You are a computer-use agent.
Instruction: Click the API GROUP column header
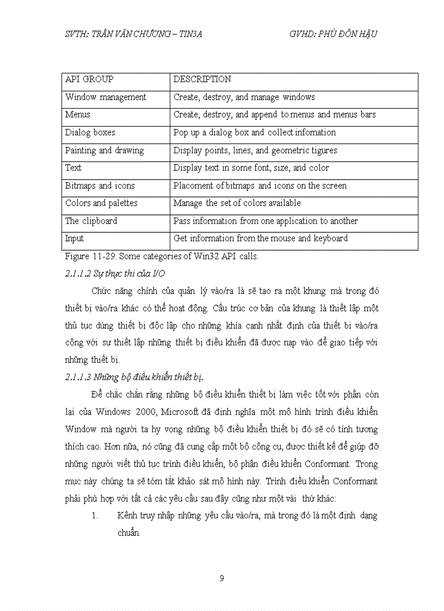pos(89,79)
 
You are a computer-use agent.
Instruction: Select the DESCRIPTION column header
pos(202,79)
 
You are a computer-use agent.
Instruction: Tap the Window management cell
pos(106,97)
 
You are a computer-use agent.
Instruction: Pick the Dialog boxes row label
pos(90,133)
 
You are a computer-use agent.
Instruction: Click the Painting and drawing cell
pos(104,150)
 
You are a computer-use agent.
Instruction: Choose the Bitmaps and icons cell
pos(100,186)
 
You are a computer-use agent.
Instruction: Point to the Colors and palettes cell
pos(101,203)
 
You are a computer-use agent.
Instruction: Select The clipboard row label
pos(91,221)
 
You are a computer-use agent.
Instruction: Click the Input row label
pos(75,238)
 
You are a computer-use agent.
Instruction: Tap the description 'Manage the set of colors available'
pos(237,203)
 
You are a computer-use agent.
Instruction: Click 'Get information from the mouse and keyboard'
pos(260,238)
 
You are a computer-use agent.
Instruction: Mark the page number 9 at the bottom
pos(221,578)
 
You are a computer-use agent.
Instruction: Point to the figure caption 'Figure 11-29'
pos(84,256)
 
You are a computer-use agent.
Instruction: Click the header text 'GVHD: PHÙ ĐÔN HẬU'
pos(334,34)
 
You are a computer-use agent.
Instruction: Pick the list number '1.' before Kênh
pos(95,516)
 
